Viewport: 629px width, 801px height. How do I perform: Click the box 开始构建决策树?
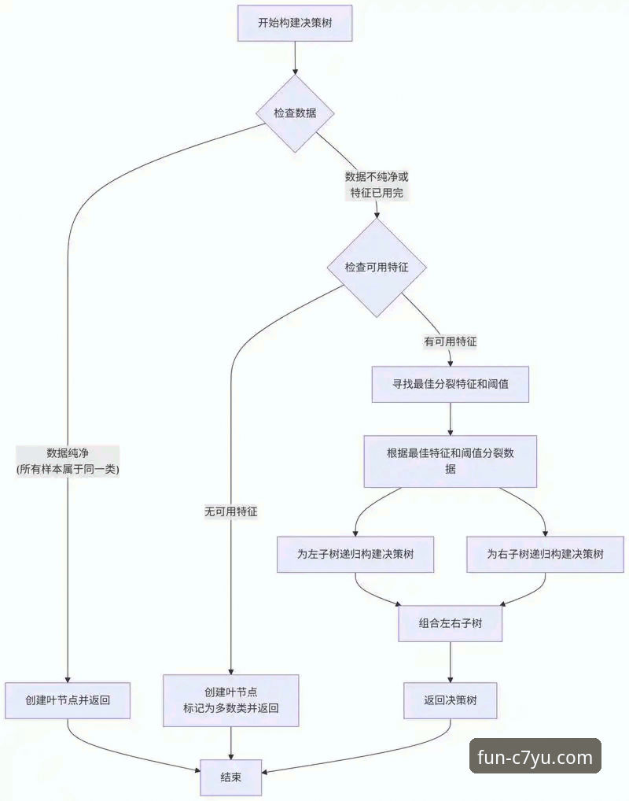pyautogui.click(x=295, y=22)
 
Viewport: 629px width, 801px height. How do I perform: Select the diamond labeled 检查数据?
pyautogui.click(x=295, y=113)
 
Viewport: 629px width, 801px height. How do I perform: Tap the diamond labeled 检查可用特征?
pyautogui.click(x=377, y=268)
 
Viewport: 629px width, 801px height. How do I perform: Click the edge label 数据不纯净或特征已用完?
pyautogui.click(x=377, y=184)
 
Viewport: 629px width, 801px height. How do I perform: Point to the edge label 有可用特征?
pyautogui.click(x=451, y=341)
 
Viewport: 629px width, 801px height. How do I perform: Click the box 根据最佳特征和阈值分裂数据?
pyautogui.click(x=450, y=460)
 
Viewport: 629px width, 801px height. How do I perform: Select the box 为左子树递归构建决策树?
pyautogui.click(x=355, y=554)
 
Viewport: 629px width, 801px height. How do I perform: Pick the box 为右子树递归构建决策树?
pyautogui.click(x=546, y=554)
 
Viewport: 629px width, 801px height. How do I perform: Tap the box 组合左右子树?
pyautogui.click(x=451, y=623)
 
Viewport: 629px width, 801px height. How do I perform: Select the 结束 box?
pyautogui.click(x=230, y=777)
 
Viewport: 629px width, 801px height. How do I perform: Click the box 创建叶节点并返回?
pyautogui.click(x=67, y=700)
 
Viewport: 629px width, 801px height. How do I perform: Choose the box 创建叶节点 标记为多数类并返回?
pyautogui.click(x=230, y=700)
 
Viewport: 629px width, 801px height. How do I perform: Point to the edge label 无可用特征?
pyautogui.click(x=231, y=511)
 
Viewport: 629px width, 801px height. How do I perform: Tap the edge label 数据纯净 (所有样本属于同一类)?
pyautogui.click(x=68, y=461)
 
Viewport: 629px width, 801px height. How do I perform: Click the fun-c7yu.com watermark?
pyautogui.click(x=535, y=758)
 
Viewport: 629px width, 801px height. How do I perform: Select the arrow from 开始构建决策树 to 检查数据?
pyautogui.click(x=295, y=57)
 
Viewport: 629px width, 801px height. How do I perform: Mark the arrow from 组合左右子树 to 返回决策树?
pyautogui.click(x=451, y=662)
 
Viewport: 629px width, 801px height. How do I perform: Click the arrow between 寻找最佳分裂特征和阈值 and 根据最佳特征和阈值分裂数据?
pyautogui.click(x=450, y=419)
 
